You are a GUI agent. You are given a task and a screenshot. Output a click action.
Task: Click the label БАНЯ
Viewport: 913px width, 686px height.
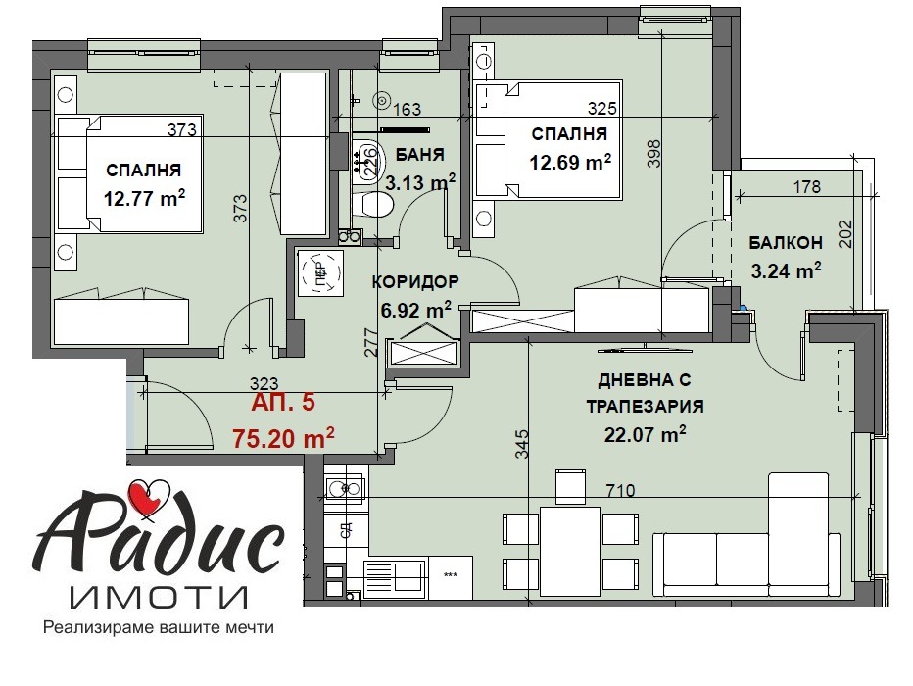point(421,154)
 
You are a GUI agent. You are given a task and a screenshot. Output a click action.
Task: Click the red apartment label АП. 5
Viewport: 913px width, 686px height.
point(283,402)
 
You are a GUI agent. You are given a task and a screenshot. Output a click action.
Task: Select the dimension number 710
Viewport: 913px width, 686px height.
point(620,489)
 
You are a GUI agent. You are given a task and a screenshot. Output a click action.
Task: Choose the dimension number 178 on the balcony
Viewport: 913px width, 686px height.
point(805,188)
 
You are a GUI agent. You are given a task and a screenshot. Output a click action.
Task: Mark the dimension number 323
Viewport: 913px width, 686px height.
point(265,384)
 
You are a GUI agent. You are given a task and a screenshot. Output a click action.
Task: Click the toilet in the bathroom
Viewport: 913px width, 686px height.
point(376,205)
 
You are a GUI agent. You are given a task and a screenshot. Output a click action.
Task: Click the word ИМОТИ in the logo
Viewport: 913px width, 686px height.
point(159,596)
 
